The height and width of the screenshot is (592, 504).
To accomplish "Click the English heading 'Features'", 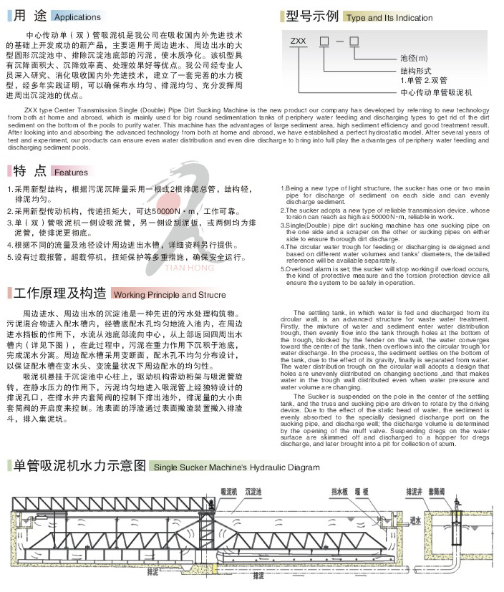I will pos(71,173).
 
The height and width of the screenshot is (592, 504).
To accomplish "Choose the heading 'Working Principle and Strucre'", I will pos(170,295).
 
